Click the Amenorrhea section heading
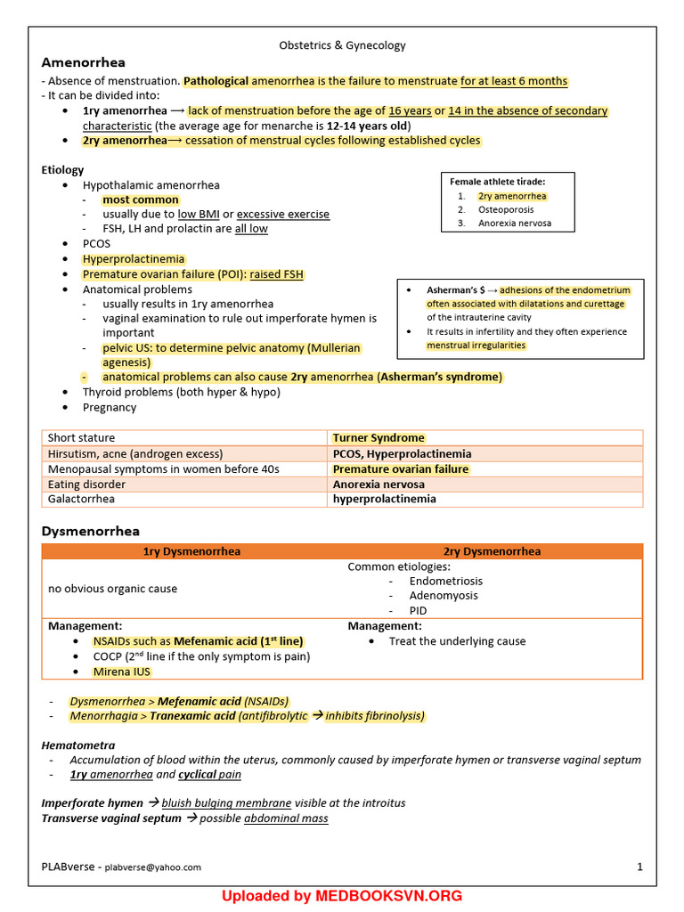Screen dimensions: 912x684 (84, 62)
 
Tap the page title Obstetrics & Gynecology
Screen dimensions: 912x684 (342, 45)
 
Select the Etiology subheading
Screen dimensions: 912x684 (62, 169)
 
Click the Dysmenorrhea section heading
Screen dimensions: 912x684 (91, 531)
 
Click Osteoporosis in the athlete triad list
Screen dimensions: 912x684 (506, 209)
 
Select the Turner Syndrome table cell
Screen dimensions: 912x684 (379, 438)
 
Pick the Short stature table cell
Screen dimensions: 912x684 (81, 438)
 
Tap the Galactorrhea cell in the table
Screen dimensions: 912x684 (81, 499)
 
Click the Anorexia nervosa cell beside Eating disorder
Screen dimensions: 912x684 (379, 484)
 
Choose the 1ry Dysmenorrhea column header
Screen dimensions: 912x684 (191, 551)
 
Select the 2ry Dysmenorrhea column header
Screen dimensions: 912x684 (492, 551)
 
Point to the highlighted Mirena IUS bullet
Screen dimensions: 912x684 (121, 672)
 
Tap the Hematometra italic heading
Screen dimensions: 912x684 (78, 745)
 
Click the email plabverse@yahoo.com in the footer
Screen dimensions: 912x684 (152, 867)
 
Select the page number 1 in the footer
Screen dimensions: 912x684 (639, 867)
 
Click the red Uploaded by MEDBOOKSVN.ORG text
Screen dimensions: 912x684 (342, 896)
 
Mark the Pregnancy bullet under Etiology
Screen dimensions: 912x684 (110, 407)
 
